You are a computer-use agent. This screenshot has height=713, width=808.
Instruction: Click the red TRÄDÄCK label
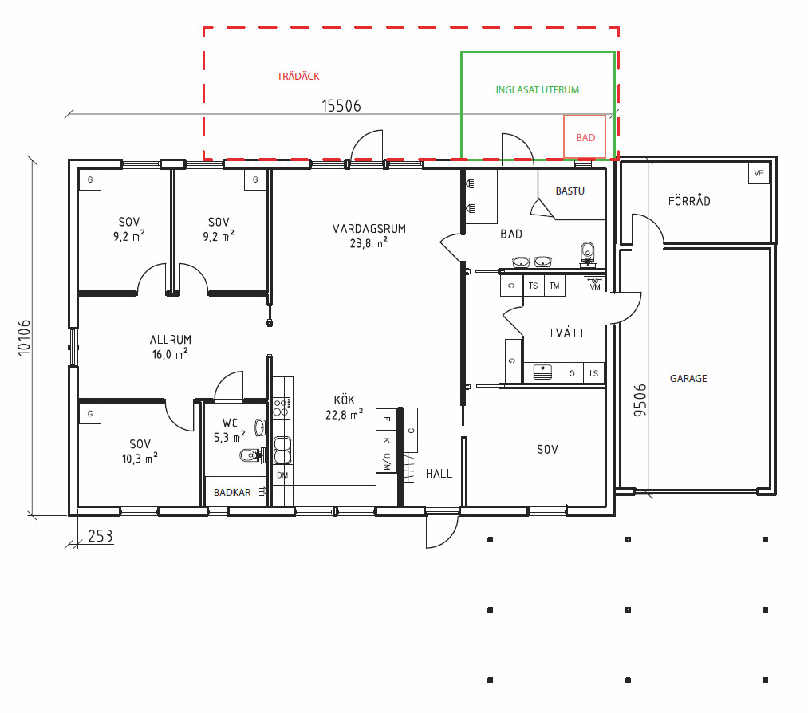click(298, 77)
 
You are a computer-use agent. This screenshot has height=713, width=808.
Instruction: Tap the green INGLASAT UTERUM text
click(537, 89)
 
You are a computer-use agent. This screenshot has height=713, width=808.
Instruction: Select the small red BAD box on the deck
click(585, 136)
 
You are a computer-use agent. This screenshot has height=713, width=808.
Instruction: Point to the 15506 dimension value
click(341, 105)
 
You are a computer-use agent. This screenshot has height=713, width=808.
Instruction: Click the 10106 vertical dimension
click(24, 337)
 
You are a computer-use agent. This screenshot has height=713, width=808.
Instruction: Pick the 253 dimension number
click(100, 536)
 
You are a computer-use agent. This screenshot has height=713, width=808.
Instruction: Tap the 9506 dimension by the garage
click(640, 400)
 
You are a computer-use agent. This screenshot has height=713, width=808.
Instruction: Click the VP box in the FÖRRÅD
click(759, 173)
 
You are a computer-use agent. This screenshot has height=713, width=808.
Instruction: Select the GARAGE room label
click(688, 378)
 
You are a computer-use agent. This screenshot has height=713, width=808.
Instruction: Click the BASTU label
click(570, 191)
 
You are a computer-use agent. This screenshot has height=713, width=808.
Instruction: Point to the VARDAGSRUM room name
click(369, 228)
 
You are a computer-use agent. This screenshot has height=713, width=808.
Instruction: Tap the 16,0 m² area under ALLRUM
click(170, 354)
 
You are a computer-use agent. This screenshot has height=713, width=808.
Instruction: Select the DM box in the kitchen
click(282, 475)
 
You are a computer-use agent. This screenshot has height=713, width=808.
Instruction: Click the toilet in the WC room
click(251, 455)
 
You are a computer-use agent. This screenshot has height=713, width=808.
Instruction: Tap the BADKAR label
click(232, 493)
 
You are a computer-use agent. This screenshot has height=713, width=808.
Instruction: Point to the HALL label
click(439, 474)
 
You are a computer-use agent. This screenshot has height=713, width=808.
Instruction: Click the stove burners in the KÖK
click(282, 408)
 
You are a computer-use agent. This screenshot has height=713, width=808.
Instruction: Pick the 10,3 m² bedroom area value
click(140, 458)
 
